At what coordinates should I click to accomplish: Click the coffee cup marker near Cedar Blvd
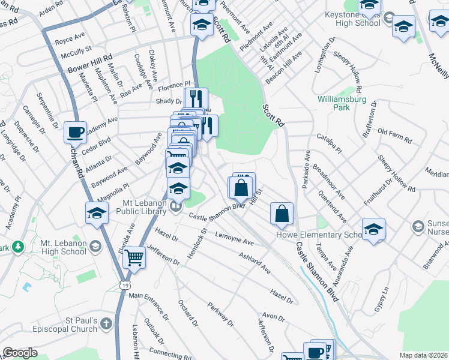pyautogui.click(x=76, y=131)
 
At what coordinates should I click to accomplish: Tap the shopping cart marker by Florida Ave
pyautogui.click(x=134, y=257)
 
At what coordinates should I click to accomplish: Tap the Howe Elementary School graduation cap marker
pyautogui.click(x=373, y=230)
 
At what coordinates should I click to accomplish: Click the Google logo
pyautogui.click(x=20, y=353)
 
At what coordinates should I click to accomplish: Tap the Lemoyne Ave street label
pyautogui.click(x=235, y=239)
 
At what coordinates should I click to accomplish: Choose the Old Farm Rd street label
pyautogui.click(x=394, y=136)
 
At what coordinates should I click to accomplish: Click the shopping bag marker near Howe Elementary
pyautogui.click(x=282, y=214)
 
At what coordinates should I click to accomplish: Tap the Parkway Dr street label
pyautogui.click(x=221, y=314)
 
